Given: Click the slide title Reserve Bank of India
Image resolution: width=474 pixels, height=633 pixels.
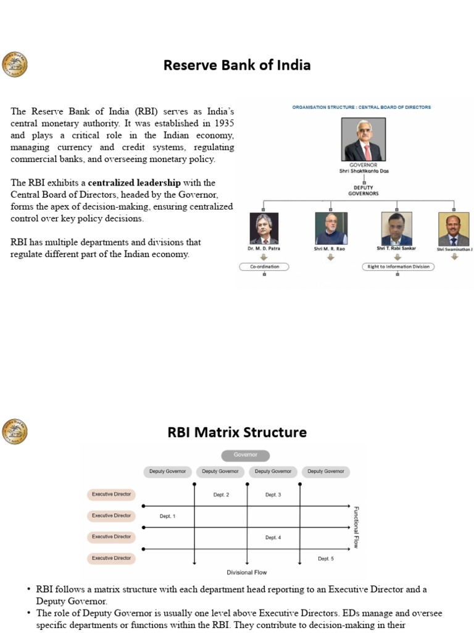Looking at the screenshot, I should pyautogui.click(x=237, y=65).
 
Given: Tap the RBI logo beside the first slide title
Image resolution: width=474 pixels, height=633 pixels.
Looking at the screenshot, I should pyautogui.click(x=15, y=64).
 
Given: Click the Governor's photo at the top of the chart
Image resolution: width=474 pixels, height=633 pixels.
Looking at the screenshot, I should pyautogui.click(x=364, y=140).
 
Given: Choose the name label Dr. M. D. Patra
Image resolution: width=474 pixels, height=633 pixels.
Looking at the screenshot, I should pyautogui.click(x=264, y=249).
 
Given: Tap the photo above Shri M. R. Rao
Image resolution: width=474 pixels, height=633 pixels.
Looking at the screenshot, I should pyautogui.click(x=331, y=228).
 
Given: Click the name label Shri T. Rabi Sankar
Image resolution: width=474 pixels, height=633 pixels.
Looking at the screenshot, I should pyautogui.click(x=396, y=249).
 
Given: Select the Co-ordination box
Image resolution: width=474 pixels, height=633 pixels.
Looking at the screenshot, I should pyautogui.click(x=264, y=267).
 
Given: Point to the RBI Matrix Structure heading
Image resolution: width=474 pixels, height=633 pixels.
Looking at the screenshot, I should pyautogui.click(x=237, y=432).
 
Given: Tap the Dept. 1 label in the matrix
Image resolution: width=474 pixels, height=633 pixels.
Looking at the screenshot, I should pyautogui.click(x=167, y=516).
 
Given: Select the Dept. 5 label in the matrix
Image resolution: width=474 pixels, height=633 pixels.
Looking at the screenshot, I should pyautogui.click(x=326, y=559).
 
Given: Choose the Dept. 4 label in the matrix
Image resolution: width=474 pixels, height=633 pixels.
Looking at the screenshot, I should pyautogui.click(x=273, y=538).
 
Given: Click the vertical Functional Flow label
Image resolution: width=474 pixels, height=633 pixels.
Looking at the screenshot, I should pyautogui.click(x=356, y=527).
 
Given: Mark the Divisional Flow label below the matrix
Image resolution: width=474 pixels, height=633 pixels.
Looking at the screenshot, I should pyautogui.click(x=247, y=572).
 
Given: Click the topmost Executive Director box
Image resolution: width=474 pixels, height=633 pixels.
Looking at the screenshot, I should pyautogui.click(x=111, y=495).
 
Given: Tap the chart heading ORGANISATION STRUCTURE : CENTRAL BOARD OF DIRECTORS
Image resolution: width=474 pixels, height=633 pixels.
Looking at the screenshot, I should pyautogui.click(x=362, y=108).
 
